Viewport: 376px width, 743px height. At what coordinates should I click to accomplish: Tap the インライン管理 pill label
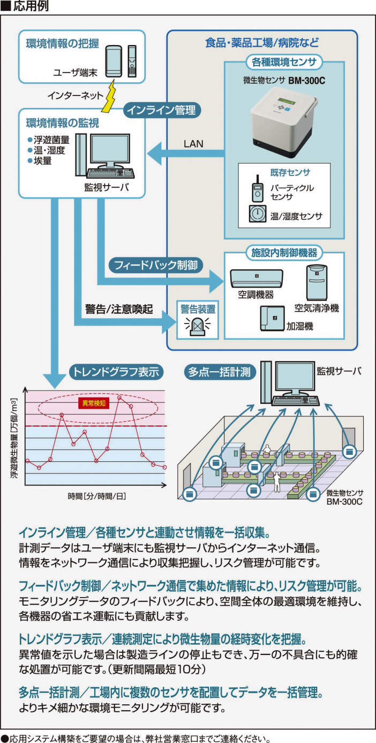click(163, 110)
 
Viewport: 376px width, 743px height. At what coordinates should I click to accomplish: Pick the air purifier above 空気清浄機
click(316, 282)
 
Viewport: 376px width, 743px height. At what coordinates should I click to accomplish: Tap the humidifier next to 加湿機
click(272, 318)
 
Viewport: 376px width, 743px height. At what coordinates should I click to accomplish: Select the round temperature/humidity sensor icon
click(258, 214)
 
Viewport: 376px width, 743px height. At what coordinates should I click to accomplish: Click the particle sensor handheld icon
click(257, 189)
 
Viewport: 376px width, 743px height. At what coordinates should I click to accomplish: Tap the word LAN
click(194, 144)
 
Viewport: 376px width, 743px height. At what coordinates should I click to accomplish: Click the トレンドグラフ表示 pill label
click(115, 371)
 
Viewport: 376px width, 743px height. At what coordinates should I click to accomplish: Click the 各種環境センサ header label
click(284, 62)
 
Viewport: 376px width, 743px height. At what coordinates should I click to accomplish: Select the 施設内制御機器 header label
click(284, 252)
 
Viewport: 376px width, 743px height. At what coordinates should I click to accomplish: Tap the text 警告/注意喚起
click(118, 310)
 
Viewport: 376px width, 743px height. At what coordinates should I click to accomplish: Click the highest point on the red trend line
click(119, 398)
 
